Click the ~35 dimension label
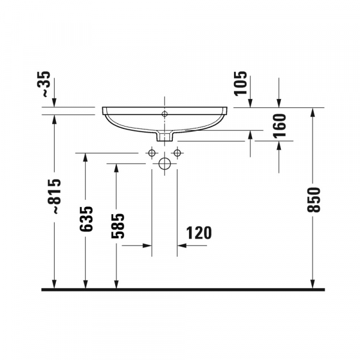pyautogui.click(x=43, y=84)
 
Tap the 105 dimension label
pyautogui.click(x=240, y=83)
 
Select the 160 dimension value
pyautogui.click(x=280, y=125)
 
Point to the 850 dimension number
pyautogui.click(x=313, y=200)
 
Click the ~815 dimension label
pyautogui.click(x=54, y=196)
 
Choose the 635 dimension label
pyautogui.click(x=86, y=219)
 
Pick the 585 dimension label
pyautogui.click(x=118, y=226)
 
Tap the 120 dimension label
pyautogui.click(x=199, y=233)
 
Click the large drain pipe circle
pyautogui.click(x=164, y=163)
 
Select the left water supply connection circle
pyautogui.click(x=152, y=152)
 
